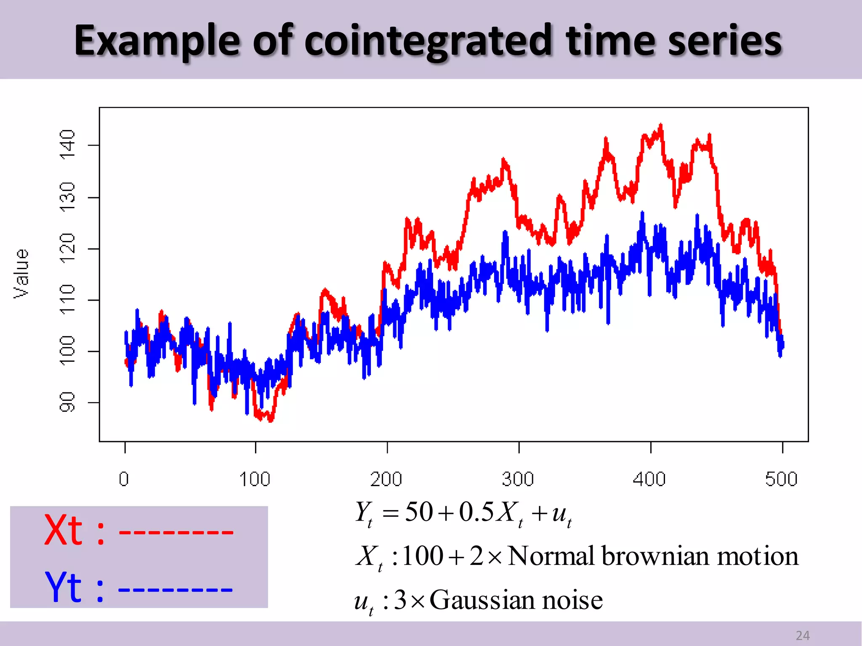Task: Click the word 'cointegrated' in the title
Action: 427,41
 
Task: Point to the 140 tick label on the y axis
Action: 67,144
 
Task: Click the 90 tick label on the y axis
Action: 67,402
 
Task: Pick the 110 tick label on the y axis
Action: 67,299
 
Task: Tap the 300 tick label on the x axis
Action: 518,479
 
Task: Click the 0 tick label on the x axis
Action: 124,479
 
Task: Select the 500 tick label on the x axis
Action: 781,479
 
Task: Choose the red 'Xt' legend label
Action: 64,530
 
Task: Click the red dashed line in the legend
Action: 176,532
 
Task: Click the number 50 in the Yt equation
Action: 419,512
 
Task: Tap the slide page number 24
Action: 803,635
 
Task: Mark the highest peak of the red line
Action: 661,125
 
